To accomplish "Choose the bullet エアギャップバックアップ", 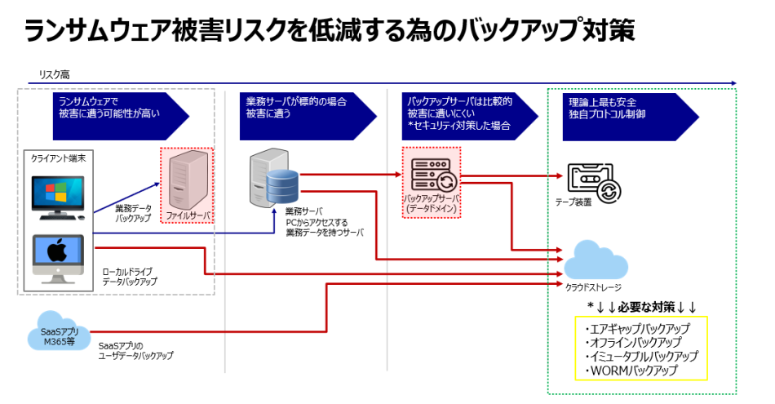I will pyautogui.click(x=637, y=328).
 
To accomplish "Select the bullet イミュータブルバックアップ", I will pyautogui.click(x=641, y=356).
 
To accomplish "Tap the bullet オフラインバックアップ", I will pyautogui.click(x=633, y=342).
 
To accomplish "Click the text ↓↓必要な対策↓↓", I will pyautogui.click(x=642, y=307).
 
